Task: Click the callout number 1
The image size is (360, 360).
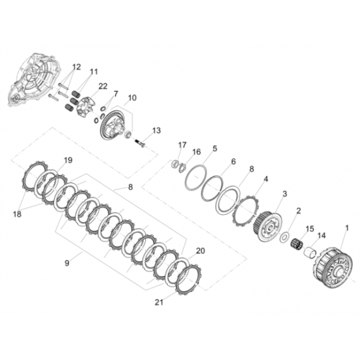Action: (x=347, y=228)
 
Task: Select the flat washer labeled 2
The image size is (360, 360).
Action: (x=284, y=237)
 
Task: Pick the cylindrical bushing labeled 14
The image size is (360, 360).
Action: (x=310, y=253)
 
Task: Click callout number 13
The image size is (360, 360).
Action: (x=157, y=130)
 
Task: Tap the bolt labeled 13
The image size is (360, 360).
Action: (x=139, y=143)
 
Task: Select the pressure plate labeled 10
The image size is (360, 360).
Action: (x=114, y=125)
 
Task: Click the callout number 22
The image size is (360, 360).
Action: (x=103, y=86)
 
